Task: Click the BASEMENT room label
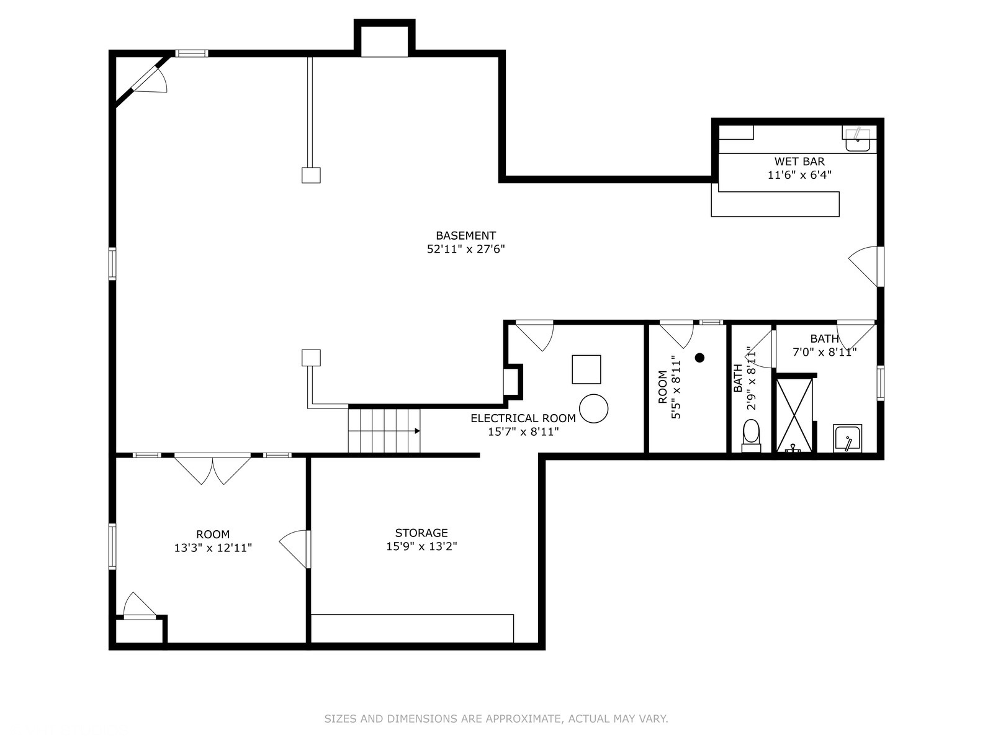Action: point(465,236)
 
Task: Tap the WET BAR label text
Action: point(799,161)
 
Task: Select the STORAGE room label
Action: point(421,533)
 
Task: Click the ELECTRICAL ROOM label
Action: point(523,418)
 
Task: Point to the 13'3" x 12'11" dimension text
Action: point(213,548)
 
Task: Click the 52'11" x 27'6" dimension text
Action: point(465,249)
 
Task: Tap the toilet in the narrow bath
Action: point(751,436)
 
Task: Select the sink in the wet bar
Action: point(858,139)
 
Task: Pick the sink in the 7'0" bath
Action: point(847,438)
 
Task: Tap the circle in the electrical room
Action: point(593,409)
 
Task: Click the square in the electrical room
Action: point(586,369)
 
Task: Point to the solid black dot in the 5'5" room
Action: point(699,358)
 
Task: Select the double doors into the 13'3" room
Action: point(213,469)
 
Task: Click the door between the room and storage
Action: point(295,549)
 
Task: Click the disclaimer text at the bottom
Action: point(496,719)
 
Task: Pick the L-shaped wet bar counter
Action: point(775,204)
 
